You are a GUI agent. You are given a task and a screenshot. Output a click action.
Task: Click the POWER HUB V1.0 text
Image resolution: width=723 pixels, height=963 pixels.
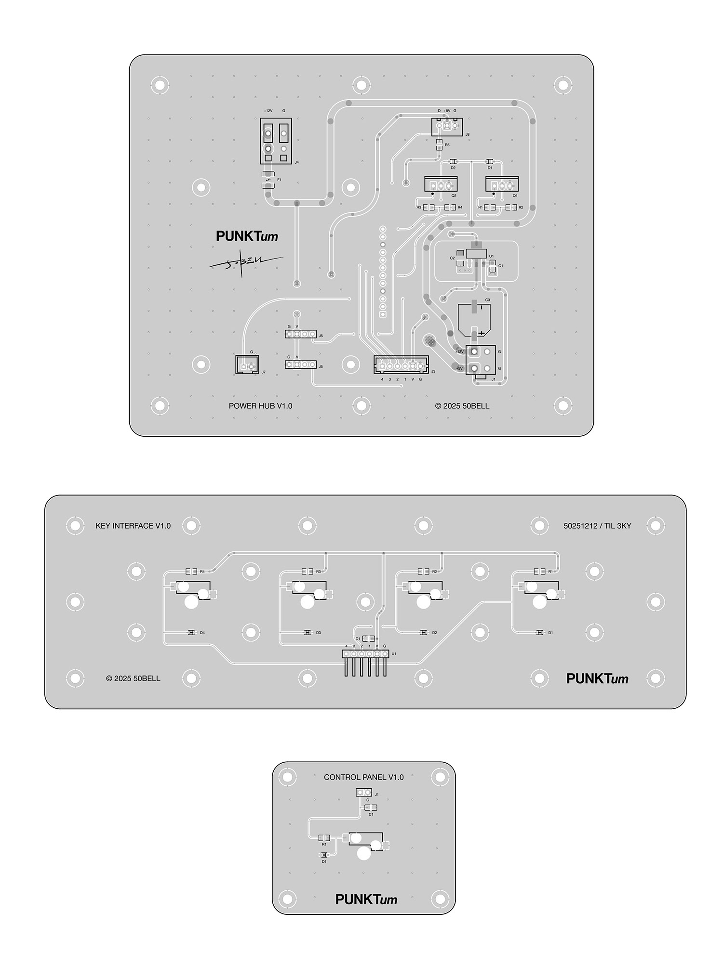coord(260,406)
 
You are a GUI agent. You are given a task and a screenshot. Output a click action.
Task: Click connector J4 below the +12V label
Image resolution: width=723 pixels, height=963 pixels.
coord(276,141)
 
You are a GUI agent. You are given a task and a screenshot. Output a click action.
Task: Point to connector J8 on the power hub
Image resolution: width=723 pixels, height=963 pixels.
coord(446,127)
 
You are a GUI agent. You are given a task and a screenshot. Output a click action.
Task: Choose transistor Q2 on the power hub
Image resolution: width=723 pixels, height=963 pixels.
coord(441,184)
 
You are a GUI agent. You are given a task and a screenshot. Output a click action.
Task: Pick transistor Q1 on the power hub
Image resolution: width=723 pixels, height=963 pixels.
coord(502,184)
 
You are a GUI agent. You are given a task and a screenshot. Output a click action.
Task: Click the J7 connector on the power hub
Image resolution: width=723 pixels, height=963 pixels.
coord(247,365)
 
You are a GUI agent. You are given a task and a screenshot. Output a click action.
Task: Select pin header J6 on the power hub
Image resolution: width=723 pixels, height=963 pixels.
coord(301,334)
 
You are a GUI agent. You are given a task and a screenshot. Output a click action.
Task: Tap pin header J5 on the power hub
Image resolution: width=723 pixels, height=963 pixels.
coord(301,365)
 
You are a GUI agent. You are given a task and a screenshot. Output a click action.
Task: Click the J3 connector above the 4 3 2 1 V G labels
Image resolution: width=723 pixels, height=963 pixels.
coord(401,365)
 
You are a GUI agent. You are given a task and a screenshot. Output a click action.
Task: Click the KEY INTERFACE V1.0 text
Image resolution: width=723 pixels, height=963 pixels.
coord(133,526)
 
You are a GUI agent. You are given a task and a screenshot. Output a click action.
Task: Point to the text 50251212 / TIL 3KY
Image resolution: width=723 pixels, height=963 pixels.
coord(597,526)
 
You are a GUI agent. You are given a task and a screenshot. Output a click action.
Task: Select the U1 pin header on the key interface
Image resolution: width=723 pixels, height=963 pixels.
coord(365,654)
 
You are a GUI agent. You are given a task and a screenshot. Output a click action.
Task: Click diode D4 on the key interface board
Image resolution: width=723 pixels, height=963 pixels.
coord(191,633)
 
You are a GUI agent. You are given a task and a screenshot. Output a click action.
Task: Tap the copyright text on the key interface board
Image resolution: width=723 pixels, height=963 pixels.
coord(133,678)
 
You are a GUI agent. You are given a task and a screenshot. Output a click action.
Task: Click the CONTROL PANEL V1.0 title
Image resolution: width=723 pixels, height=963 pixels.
coord(363,777)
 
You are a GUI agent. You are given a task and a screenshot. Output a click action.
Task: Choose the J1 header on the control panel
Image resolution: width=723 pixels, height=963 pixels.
coord(364,793)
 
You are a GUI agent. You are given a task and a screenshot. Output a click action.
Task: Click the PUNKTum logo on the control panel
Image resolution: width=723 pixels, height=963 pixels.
coord(366,899)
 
